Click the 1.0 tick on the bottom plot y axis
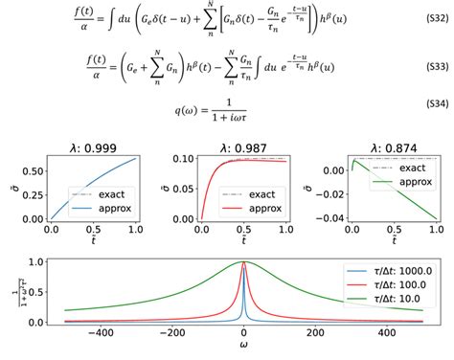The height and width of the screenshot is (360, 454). tap(35, 261)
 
